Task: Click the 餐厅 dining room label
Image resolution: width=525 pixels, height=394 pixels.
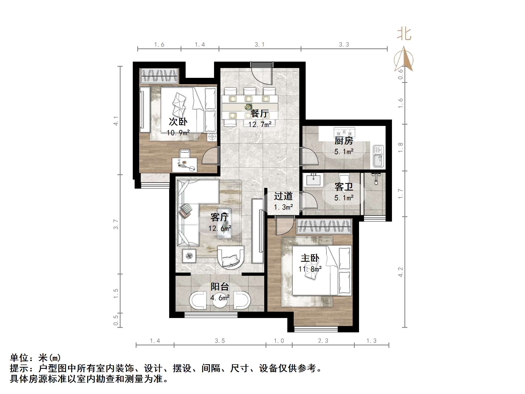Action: (259, 114)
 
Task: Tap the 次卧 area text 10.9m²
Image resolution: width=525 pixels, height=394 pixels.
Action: (178, 133)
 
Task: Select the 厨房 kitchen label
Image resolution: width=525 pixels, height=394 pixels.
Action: (344, 141)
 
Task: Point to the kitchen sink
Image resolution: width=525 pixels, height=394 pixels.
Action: (378, 156)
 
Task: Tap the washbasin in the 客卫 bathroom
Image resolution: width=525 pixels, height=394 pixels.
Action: (314, 180)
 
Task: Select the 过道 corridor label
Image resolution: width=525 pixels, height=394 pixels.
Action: (283, 196)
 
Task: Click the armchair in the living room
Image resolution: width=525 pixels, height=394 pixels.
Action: (231, 257)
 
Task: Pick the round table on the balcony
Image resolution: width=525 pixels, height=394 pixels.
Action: (220, 300)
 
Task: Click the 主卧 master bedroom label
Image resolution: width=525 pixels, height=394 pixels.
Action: (310, 258)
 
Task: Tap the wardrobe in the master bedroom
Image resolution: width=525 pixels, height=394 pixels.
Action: (324, 226)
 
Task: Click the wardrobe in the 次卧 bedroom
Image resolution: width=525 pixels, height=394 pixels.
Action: (159, 76)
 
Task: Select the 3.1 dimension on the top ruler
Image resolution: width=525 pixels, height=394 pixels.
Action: (259, 45)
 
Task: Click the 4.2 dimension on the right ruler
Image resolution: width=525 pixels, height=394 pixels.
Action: (400, 272)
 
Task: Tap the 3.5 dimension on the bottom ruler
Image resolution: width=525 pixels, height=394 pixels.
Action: (220, 341)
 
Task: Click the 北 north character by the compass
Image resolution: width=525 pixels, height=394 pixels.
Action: (404, 35)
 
